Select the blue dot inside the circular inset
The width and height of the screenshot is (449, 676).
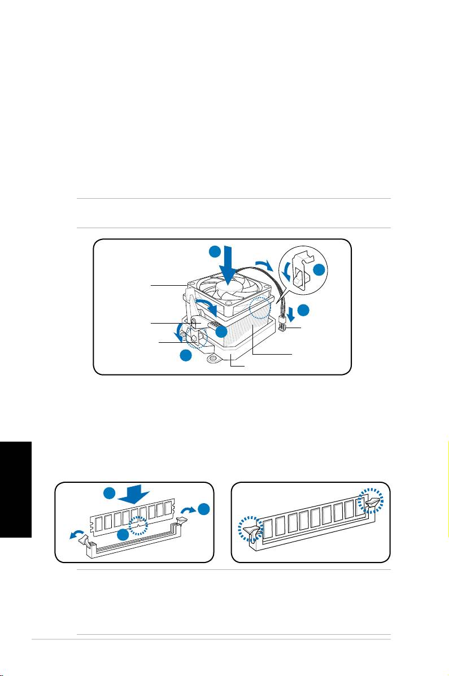pyautogui.click(x=319, y=271)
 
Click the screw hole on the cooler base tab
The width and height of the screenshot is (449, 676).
pyautogui.click(x=214, y=357)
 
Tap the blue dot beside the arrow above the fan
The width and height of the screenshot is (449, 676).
pyautogui.click(x=214, y=251)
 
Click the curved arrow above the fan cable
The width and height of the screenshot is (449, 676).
pyautogui.click(x=263, y=264)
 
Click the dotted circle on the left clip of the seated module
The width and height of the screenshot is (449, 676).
pyautogui.click(x=248, y=530)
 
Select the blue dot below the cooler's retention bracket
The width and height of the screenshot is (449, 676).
pyautogui.click(x=185, y=356)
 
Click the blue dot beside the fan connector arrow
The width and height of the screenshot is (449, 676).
pyautogui.click(x=304, y=310)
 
